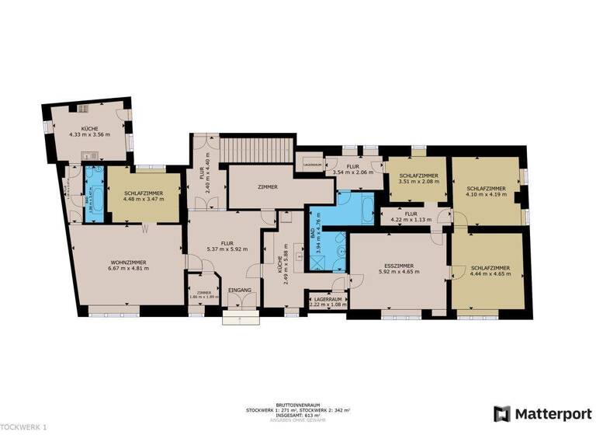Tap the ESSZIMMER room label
tap(400, 265)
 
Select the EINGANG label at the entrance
tap(241, 290)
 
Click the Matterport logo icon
tap(503, 412)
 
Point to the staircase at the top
tap(256, 147)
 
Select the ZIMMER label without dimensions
tap(268, 187)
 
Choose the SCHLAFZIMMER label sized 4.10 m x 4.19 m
tap(487, 188)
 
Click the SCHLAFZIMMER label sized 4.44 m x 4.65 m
tap(490, 267)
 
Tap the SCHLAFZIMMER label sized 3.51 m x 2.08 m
tap(419, 176)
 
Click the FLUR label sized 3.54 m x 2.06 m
tap(352, 166)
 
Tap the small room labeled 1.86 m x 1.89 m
tap(199, 294)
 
